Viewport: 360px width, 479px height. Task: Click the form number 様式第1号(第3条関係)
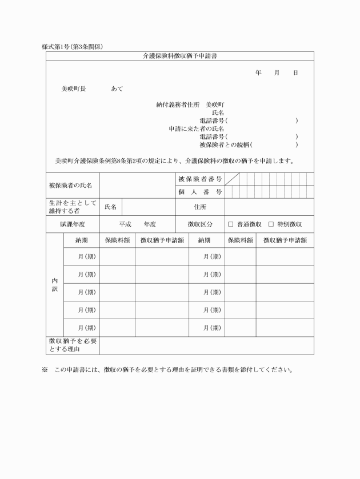coord(72,46)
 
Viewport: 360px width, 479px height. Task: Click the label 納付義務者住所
coord(178,105)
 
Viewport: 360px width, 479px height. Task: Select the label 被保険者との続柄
coord(225,145)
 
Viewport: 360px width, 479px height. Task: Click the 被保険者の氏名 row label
coord(70,185)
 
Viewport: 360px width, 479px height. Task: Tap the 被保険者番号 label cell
coord(200,179)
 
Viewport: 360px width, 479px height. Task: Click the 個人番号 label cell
coord(200,192)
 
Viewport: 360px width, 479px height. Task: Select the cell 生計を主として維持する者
coord(72,207)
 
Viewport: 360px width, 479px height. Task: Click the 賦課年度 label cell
coord(73,224)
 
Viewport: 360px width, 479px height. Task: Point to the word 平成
coord(125,224)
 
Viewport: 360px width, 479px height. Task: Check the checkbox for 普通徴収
coord(231,224)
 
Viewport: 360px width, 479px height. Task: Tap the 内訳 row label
coord(55,285)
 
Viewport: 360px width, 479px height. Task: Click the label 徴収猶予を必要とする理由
coord(72,345)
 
